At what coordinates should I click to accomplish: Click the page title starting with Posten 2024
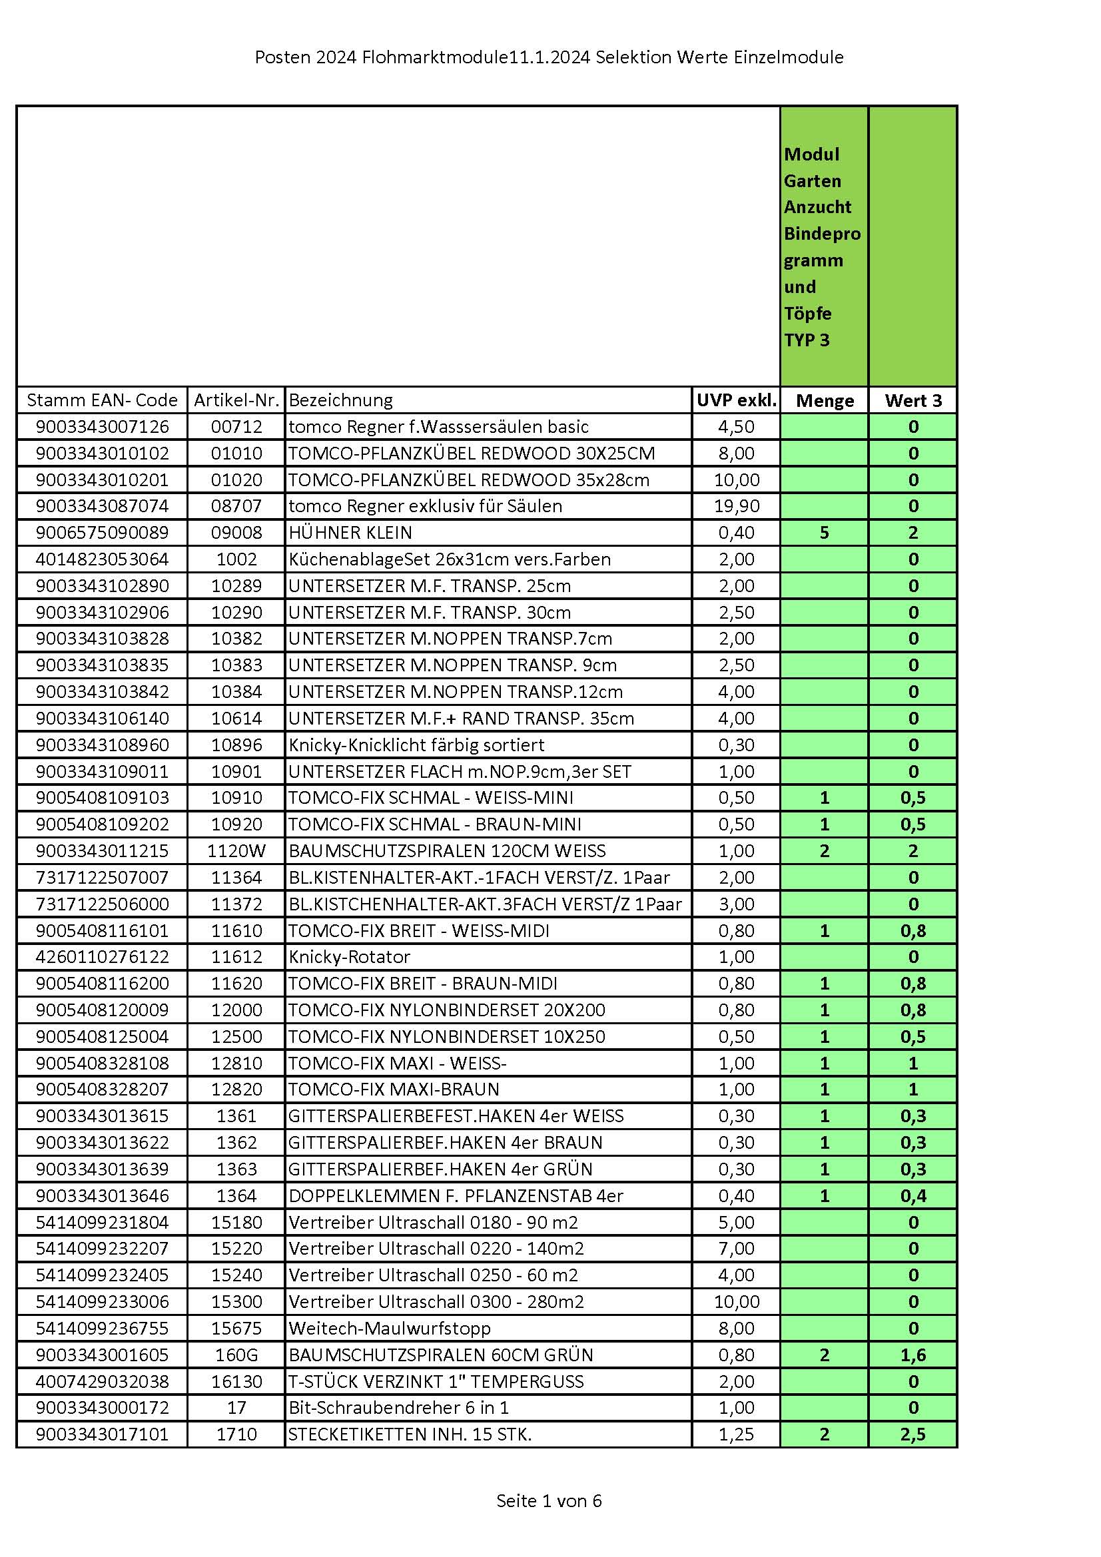click(x=549, y=58)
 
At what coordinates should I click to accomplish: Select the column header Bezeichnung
click(x=340, y=401)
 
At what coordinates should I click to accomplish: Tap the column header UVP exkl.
click(x=736, y=401)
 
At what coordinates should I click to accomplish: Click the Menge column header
click(x=824, y=401)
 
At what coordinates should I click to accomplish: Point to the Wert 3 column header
click(x=913, y=401)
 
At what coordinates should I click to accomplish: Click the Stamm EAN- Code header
click(x=102, y=401)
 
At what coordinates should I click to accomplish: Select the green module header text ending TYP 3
click(x=821, y=247)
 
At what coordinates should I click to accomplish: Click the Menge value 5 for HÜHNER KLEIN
click(x=824, y=533)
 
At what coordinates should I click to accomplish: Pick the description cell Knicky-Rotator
click(x=350, y=957)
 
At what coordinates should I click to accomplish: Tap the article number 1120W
click(x=236, y=851)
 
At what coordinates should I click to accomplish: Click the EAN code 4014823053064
click(x=102, y=559)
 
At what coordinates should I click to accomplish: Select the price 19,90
click(x=736, y=506)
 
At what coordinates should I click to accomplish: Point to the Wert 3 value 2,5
click(x=913, y=1434)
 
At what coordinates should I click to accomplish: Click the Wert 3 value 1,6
click(x=913, y=1355)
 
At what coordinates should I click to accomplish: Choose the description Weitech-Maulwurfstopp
click(x=390, y=1329)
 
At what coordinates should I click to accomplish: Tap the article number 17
click(x=236, y=1408)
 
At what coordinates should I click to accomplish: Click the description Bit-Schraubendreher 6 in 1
click(x=398, y=1408)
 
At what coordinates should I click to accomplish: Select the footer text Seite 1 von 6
click(x=549, y=1501)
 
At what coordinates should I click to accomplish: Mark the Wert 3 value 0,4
click(x=913, y=1196)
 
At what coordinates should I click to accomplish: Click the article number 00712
click(x=236, y=428)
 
